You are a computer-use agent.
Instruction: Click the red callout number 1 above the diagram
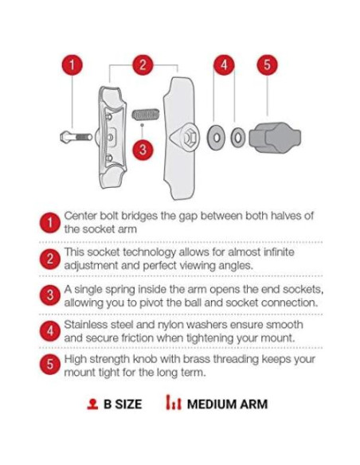pyautogui.click(x=72, y=65)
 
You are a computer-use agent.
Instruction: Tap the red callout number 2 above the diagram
pyautogui.click(x=143, y=65)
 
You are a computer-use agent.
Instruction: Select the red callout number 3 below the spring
pyautogui.click(x=143, y=149)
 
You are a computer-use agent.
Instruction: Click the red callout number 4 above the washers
pyautogui.click(x=224, y=65)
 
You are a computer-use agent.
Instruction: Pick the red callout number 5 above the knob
pyautogui.click(x=267, y=65)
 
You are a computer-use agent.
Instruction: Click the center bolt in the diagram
pyautogui.click(x=76, y=137)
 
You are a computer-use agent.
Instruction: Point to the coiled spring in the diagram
pyautogui.click(x=145, y=115)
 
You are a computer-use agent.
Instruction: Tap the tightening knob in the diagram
pyautogui.click(x=275, y=138)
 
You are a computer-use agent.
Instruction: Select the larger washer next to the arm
pyautogui.click(x=216, y=138)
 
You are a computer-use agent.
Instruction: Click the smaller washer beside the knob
pyautogui.click(x=238, y=138)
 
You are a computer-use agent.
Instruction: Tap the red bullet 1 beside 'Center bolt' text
pyautogui.click(x=50, y=222)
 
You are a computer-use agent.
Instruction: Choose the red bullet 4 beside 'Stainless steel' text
pyautogui.click(x=50, y=331)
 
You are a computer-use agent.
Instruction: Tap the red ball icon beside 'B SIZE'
pyautogui.click(x=92, y=404)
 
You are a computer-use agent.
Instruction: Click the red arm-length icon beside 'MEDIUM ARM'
pyautogui.click(x=174, y=402)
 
